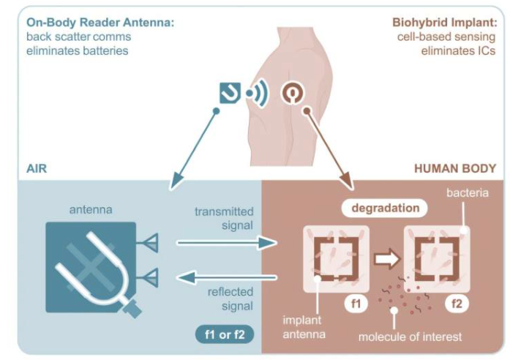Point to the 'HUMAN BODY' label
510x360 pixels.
point(455,169)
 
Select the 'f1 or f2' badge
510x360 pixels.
point(225,335)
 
